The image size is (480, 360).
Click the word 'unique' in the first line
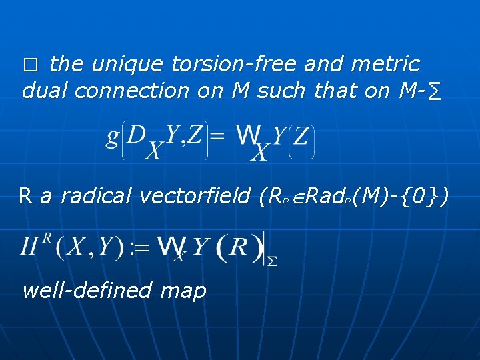127,64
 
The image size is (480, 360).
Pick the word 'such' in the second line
283,91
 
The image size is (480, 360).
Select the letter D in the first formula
137,135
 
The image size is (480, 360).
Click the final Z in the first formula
301,137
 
